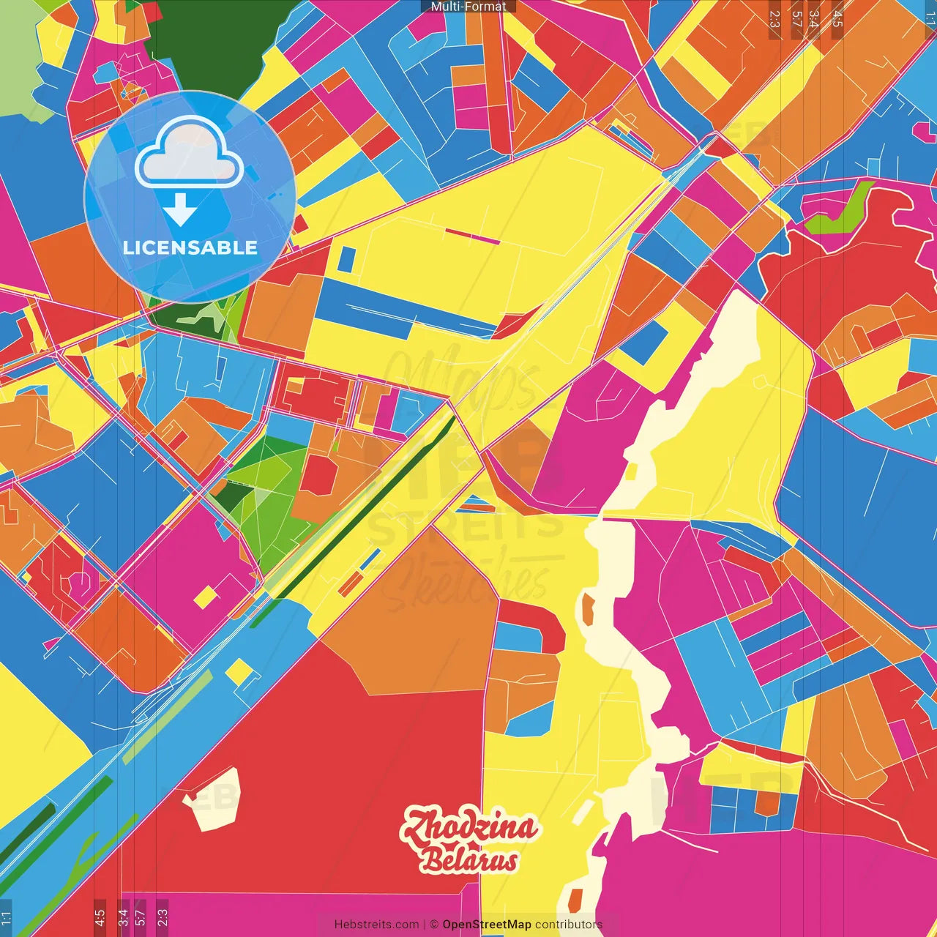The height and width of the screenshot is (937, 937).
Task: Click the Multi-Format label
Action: pyautogui.click(x=468, y=7)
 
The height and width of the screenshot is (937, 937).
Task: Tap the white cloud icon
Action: pyautogui.click(x=189, y=153)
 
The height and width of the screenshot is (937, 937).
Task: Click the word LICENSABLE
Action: pyautogui.click(x=190, y=248)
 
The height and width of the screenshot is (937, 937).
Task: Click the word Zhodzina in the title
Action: pyautogui.click(x=469, y=826)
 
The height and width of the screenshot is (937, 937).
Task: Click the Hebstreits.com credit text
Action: pyautogui.click(x=376, y=925)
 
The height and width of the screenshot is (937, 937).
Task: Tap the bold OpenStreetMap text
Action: pyautogui.click(x=487, y=925)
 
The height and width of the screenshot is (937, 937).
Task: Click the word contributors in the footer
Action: pyautogui.click(x=569, y=925)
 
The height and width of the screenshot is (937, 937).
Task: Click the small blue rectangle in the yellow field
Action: pyautogui.click(x=346, y=259)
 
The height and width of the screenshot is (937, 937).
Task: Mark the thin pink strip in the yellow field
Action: pyautogui.click(x=472, y=236)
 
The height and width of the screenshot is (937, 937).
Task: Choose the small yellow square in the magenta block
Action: pyautogui.click(x=206, y=597)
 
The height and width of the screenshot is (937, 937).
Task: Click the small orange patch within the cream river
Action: pyautogui.click(x=587, y=609)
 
